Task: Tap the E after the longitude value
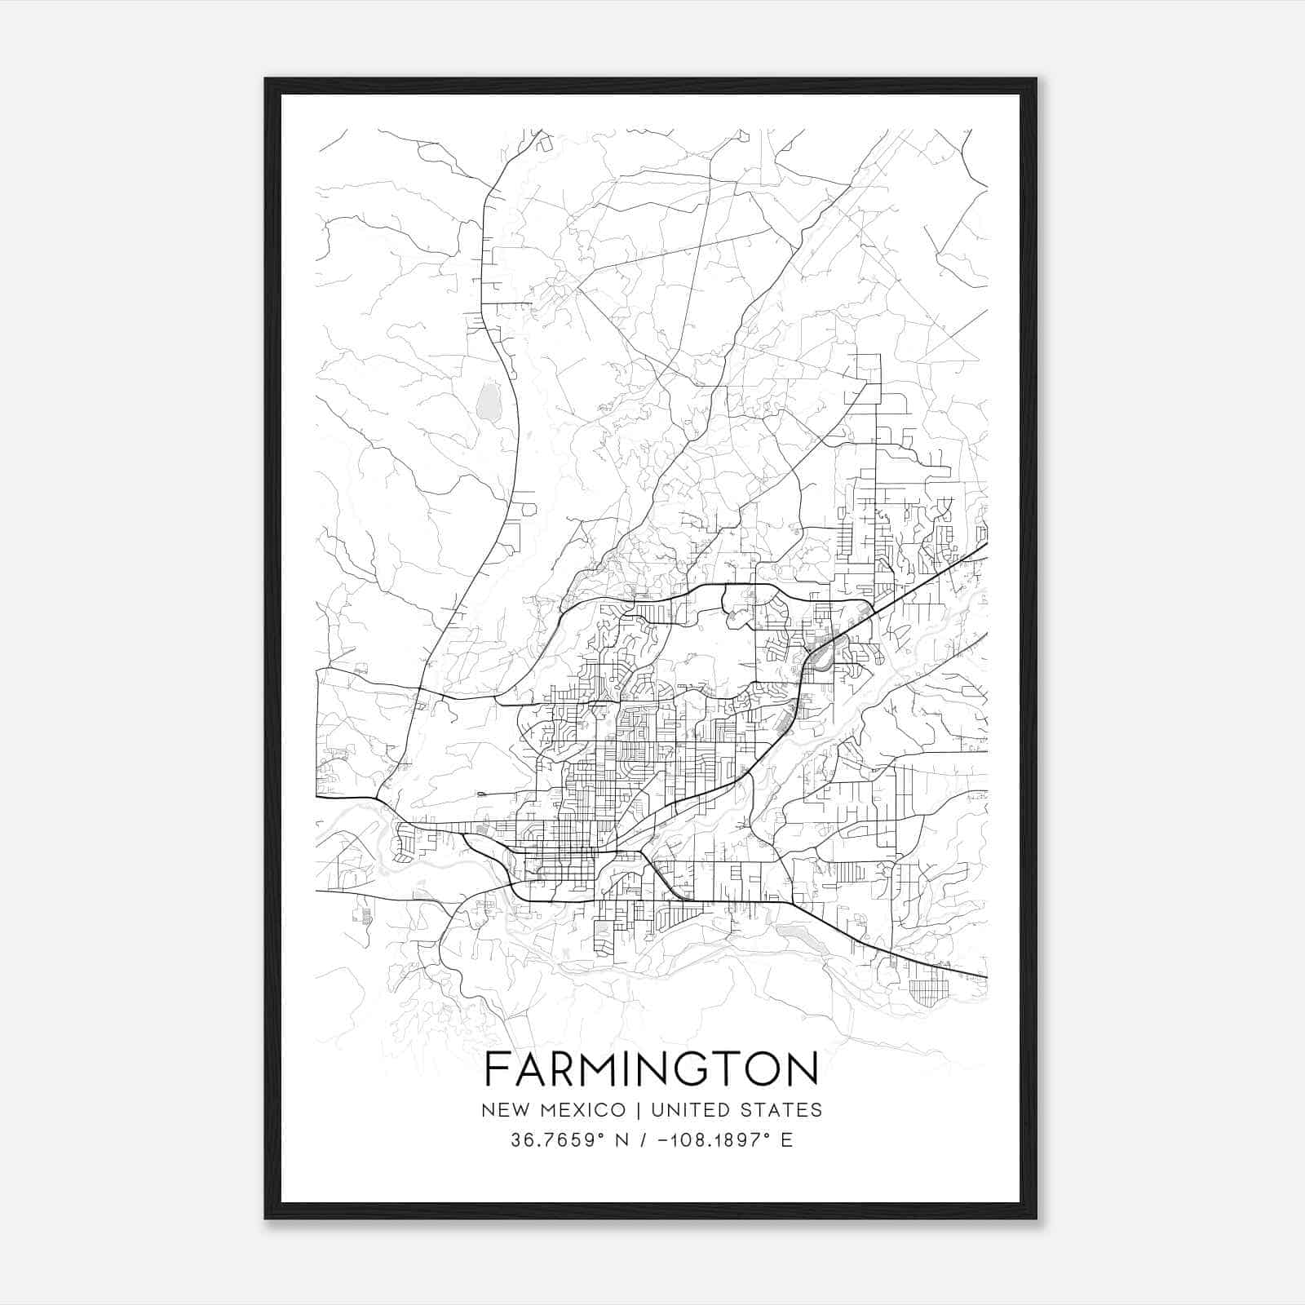pos(786,1140)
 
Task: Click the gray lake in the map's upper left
pos(489,402)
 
